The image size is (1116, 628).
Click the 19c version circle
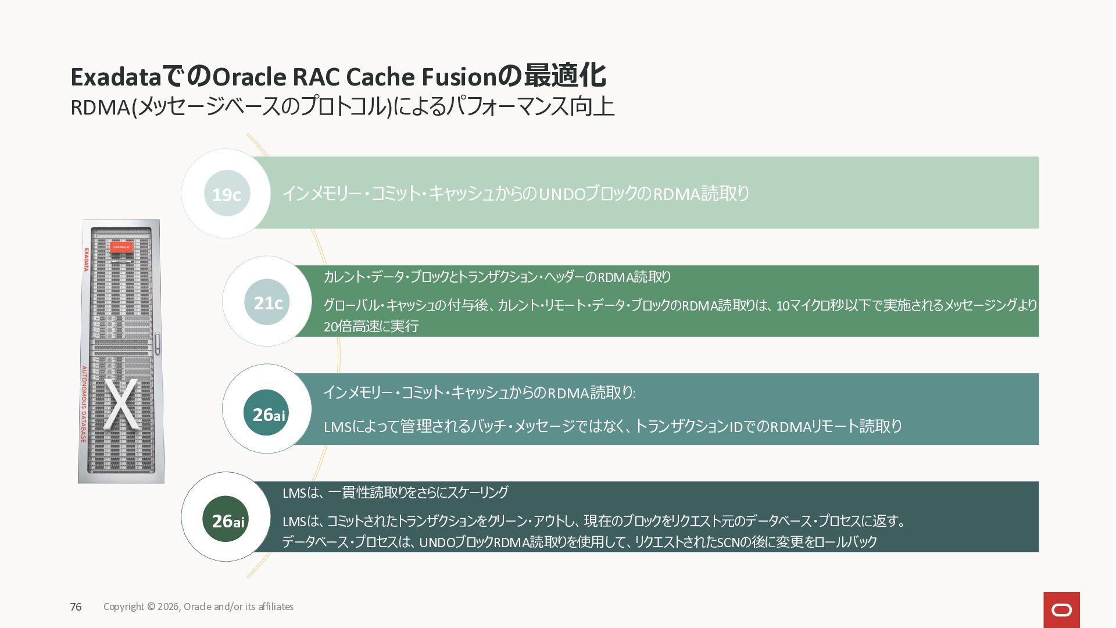(227, 194)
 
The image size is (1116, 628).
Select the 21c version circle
(267, 302)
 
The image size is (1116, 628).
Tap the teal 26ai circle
(266, 413)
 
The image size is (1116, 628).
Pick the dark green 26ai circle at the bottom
(226, 519)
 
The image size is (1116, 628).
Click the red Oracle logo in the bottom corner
(1061, 609)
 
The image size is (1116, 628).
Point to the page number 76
(76, 607)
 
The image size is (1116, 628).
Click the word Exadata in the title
(115, 77)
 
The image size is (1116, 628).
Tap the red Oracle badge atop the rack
(121, 247)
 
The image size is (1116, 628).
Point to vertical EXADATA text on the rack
(87, 260)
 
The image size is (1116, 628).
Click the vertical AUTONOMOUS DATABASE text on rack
(84, 404)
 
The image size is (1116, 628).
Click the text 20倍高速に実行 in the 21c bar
(371, 327)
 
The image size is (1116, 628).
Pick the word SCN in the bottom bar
(728, 543)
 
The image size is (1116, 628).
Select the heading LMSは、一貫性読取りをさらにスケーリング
(395, 493)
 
